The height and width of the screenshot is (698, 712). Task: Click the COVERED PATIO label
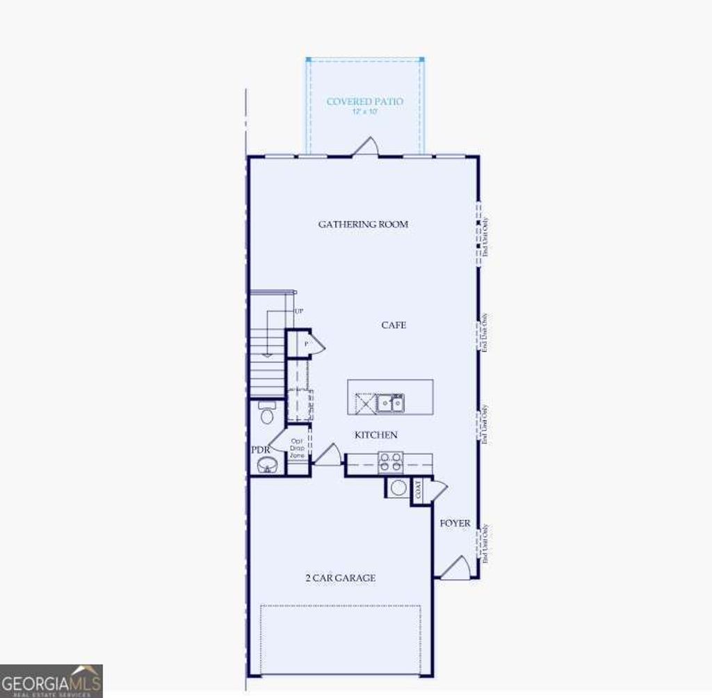point(365,102)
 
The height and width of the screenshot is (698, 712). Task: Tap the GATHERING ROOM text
point(363,225)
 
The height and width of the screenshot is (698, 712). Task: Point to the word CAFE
point(394,325)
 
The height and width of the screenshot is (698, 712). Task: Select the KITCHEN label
point(376,435)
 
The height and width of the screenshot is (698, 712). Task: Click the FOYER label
point(455,523)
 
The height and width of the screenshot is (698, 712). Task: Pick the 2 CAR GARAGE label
point(341,578)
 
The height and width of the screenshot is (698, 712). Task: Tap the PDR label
point(260,450)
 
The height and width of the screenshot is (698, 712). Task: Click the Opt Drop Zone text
point(298,448)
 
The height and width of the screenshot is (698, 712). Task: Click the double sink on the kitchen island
point(390,403)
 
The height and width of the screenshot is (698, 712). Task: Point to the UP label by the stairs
point(299,311)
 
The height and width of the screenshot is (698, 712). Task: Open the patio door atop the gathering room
point(365,147)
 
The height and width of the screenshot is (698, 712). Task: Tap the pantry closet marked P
point(305,343)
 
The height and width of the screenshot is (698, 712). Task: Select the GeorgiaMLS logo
point(51,681)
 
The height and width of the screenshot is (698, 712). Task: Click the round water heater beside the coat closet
point(398,487)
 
